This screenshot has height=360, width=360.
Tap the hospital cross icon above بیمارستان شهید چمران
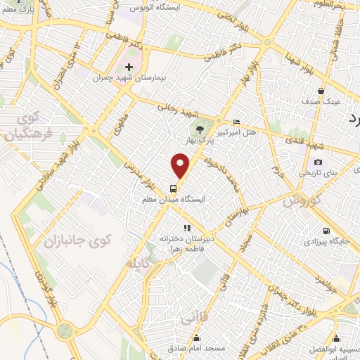pyautogui.click(x=129, y=67)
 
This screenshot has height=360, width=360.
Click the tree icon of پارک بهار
pyautogui.click(x=200, y=129)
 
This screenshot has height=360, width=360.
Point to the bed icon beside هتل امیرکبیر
pyautogui.click(x=236, y=122)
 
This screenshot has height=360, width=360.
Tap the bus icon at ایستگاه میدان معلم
pyautogui.click(x=173, y=188)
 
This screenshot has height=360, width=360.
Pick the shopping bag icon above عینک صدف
pyautogui.click(x=321, y=90)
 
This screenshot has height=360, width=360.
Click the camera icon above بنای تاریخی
pyautogui.click(x=318, y=162)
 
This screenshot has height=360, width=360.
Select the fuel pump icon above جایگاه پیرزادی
pyautogui.click(x=324, y=231)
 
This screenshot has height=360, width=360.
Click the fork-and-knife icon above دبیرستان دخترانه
pyautogui.click(x=187, y=228)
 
